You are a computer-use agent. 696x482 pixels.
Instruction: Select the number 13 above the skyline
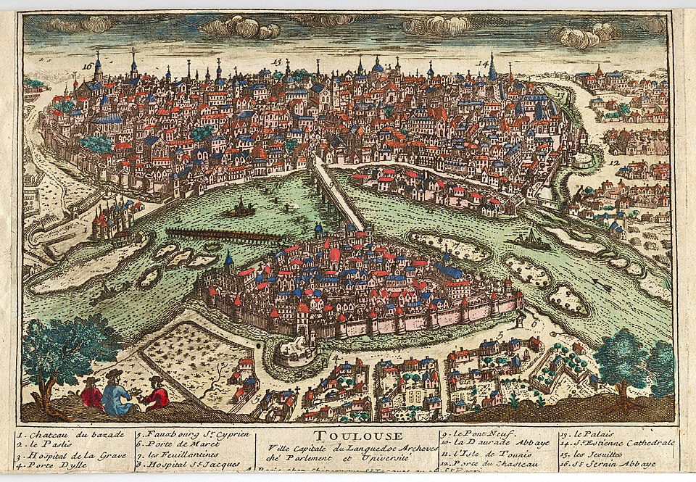[x=276, y=61]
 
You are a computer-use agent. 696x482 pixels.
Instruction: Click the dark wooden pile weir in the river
[x=221, y=235]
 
